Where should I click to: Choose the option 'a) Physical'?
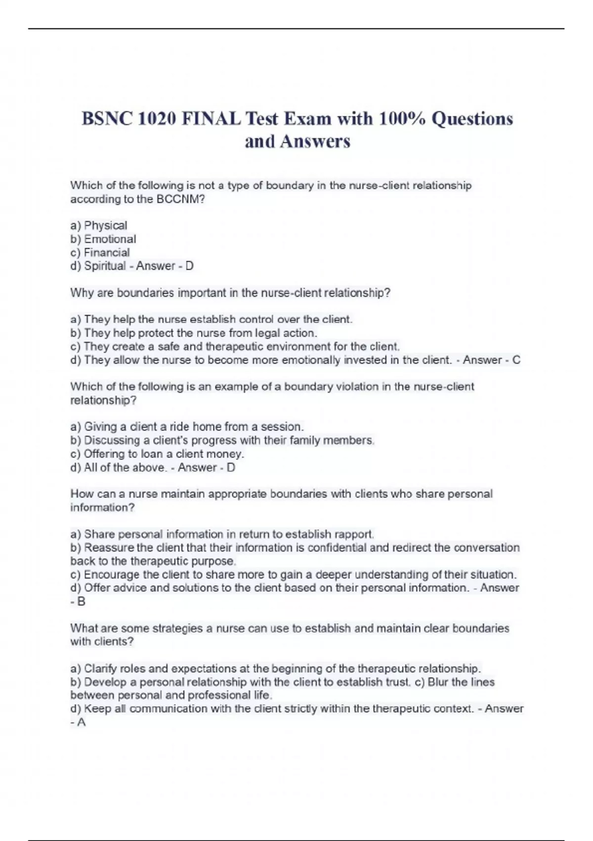99,226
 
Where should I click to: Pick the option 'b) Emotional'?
103,239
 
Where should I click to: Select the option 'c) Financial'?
100,252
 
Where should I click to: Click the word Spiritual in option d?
105,266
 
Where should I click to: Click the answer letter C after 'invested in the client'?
516,360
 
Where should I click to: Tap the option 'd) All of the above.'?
119,467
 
